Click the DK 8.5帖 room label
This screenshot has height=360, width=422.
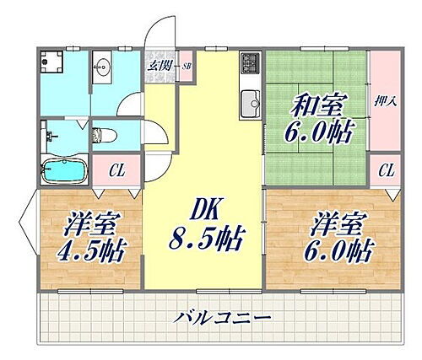tap(207, 224)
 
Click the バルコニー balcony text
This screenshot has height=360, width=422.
tap(224, 319)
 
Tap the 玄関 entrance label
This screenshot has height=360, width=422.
tap(159, 65)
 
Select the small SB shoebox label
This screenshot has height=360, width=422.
tap(187, 65)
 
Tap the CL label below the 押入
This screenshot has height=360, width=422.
tap(386, 171)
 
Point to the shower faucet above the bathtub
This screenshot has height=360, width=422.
tap(51, 134)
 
